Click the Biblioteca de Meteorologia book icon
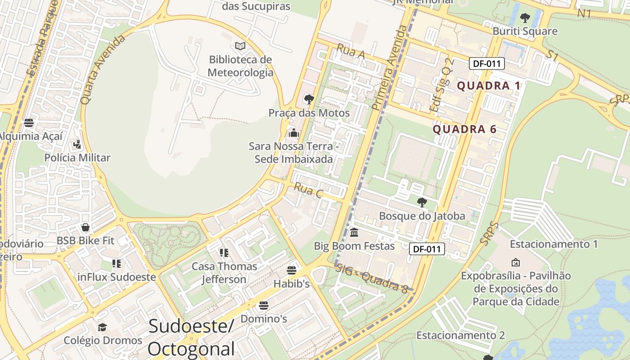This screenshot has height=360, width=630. tap(240, 46)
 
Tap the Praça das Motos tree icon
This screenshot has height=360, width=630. tap(309, 99)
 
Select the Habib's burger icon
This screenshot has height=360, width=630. tap(292, 270)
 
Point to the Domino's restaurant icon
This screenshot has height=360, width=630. tap(264, 306)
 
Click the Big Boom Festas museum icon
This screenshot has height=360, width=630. tap(354, 233)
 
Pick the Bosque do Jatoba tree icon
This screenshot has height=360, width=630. tap(422, 202)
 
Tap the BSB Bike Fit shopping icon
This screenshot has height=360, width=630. tap(85, 227)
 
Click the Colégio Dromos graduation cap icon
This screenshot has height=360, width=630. tap(103, 327)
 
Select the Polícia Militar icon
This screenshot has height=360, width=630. tap(77, 144)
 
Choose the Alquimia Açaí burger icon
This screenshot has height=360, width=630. tap(29, 122)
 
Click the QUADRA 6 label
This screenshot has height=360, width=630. tap(464, 130)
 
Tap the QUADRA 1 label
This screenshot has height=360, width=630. tap(489, 86)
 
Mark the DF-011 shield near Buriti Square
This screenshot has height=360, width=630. tap(486, 63)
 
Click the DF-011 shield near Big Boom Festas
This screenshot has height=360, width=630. tap(427, 249)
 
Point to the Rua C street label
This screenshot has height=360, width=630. tap(309, 190)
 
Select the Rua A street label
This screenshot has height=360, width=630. tap(351, 52)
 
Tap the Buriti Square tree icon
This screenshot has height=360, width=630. tap(525, 18)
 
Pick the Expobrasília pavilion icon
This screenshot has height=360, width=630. tap(516, 262)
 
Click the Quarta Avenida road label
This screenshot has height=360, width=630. tap(103, 70)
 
